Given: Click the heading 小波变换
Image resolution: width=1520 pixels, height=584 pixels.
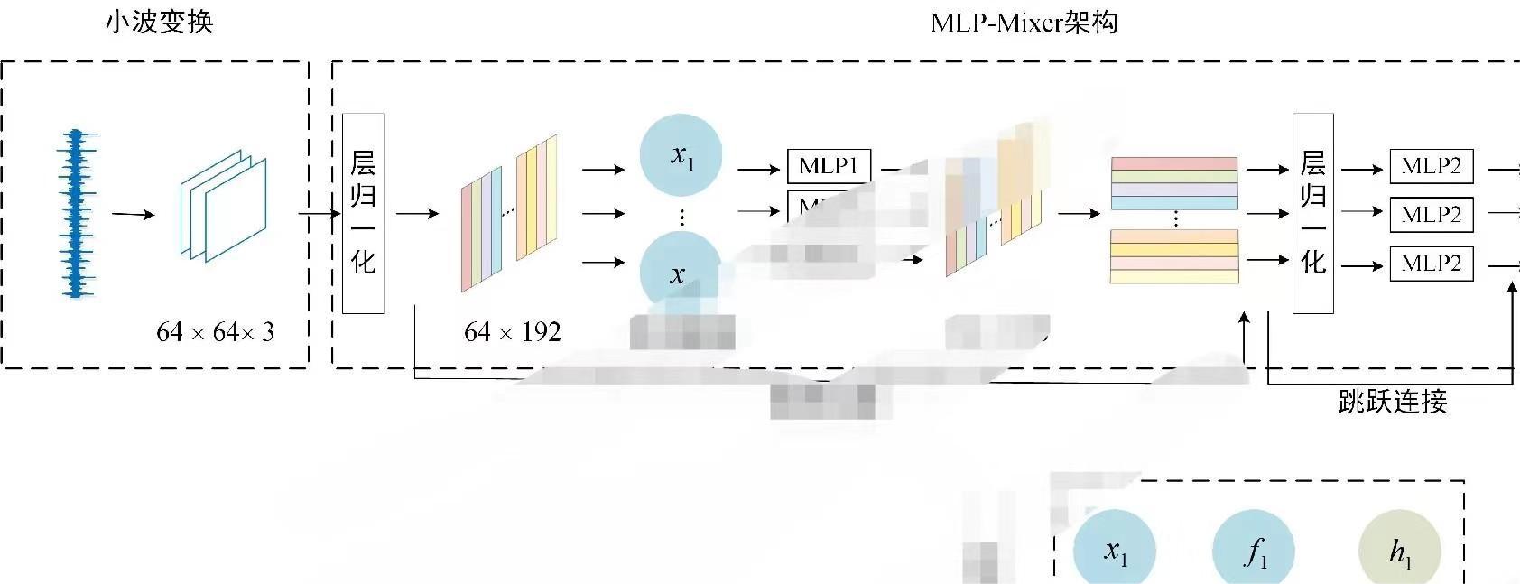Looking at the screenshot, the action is tap(160, 22).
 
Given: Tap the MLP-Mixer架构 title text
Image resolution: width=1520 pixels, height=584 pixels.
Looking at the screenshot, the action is tap(1024, 22).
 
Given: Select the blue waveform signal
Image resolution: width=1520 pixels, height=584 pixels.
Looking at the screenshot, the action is tap(76, 214).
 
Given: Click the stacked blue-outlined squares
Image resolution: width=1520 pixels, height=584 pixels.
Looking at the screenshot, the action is tap(224, 206).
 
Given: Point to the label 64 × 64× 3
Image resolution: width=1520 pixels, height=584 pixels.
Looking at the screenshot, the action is tap(215, 332).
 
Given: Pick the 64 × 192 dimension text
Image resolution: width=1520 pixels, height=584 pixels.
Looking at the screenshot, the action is tap(512, 332).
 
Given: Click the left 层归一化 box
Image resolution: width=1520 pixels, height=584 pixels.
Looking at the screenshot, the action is tap(363, 213).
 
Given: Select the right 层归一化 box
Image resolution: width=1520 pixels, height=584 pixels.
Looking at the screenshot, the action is tap(1312, 213).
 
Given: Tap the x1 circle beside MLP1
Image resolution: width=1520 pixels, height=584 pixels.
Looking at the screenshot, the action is tap(681, 155).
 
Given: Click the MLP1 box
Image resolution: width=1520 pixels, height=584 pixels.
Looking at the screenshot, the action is tap(829, 166).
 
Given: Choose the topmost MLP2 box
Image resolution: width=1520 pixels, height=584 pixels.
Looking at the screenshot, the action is tap(1431, 166).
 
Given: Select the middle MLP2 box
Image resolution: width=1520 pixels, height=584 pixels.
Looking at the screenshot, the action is tap(1431, 215).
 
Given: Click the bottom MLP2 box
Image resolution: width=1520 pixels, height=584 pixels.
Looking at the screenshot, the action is tap(1431, 264).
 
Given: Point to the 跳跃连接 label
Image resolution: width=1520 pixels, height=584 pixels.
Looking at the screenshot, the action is tap(1392, 401).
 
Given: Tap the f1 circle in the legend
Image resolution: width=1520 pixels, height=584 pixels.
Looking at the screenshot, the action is tap(1254, 551).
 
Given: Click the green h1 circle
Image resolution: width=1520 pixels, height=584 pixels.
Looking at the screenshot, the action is tap(1399, 551).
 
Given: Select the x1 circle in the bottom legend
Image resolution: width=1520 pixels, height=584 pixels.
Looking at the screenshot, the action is tap(1115, 551).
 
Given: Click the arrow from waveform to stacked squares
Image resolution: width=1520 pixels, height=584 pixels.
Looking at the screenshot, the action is tap(134, 215).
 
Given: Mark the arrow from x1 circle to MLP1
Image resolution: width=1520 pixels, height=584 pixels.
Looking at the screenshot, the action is tap(759, 169).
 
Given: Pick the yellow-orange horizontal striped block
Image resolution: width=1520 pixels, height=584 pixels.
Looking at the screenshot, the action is tap(1173, 256).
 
